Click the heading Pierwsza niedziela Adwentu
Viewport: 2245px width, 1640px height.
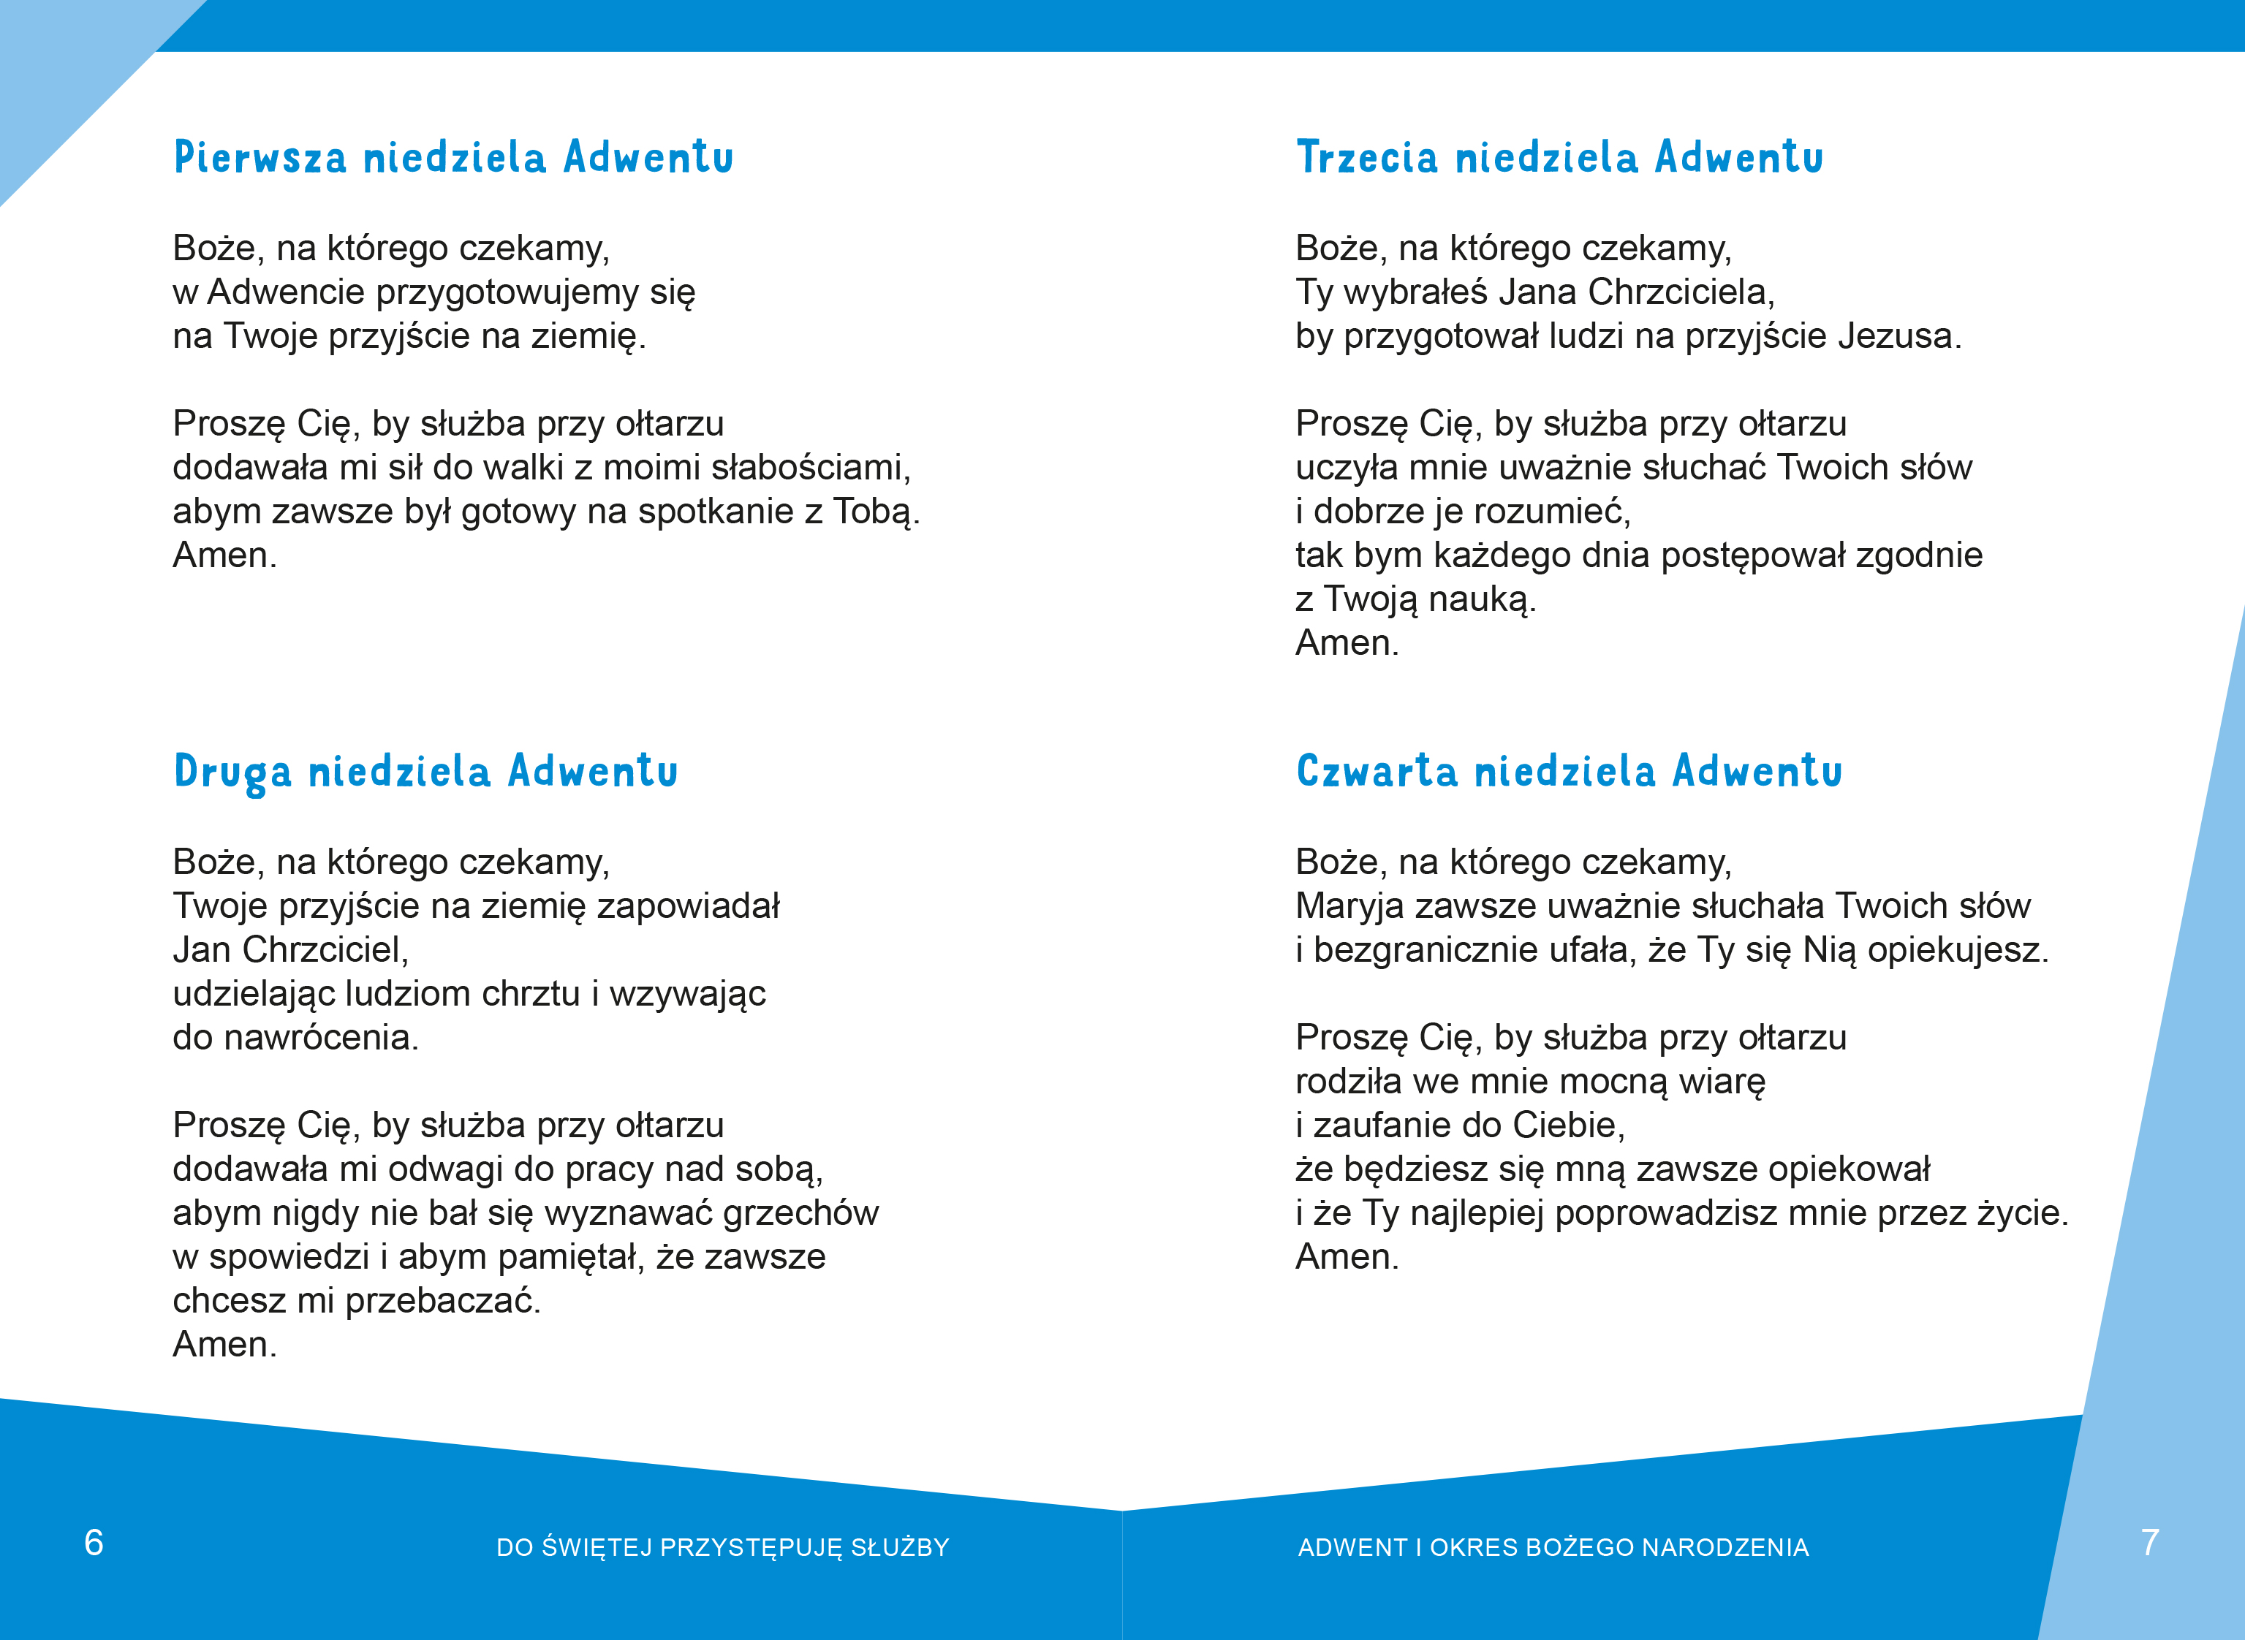[453, 158]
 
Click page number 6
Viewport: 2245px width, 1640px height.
[94, 1543]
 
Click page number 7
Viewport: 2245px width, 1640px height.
[2150, 1543]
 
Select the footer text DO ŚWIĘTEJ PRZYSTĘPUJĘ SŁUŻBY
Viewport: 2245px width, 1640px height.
[723, 1548]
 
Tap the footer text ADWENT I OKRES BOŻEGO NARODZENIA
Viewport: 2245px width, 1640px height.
[1553, 1548]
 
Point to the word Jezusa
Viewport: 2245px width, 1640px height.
[1898, 336]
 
